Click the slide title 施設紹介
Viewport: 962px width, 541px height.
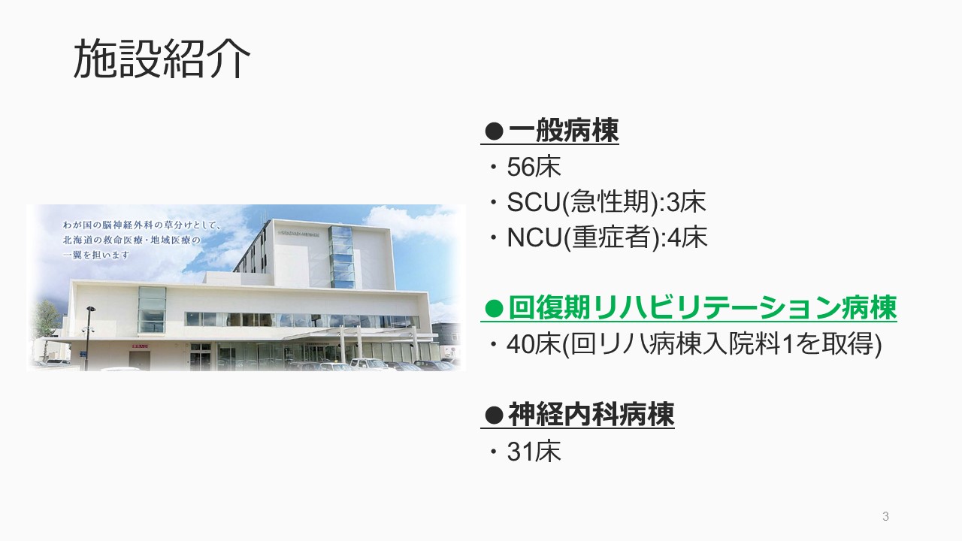162,59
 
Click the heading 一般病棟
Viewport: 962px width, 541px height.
564,130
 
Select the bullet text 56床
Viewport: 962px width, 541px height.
534,167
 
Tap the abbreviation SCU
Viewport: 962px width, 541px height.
534,202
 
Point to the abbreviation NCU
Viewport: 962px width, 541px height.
534,237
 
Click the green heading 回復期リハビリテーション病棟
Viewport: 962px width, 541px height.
703,307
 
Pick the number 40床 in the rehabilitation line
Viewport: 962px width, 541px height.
534,344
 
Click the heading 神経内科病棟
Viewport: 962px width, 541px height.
591,415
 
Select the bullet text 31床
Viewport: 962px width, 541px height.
534,452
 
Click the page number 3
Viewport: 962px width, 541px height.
885,516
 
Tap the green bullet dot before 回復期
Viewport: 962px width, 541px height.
494,308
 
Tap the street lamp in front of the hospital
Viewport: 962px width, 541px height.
88,338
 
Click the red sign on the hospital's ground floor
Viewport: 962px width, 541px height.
140,346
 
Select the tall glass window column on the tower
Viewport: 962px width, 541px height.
342,257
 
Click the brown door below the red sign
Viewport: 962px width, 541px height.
140,361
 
